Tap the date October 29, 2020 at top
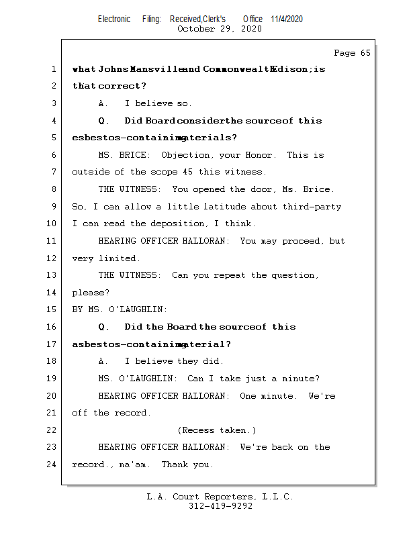click(220, 29)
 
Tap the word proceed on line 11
click(304, 241)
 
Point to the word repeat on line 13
click(230, 275)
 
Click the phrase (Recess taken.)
click(217, 430)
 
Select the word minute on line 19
click(300, 379)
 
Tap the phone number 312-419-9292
click(220, 506)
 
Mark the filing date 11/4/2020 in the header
click(287, 19)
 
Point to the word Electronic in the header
click(114, 19)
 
